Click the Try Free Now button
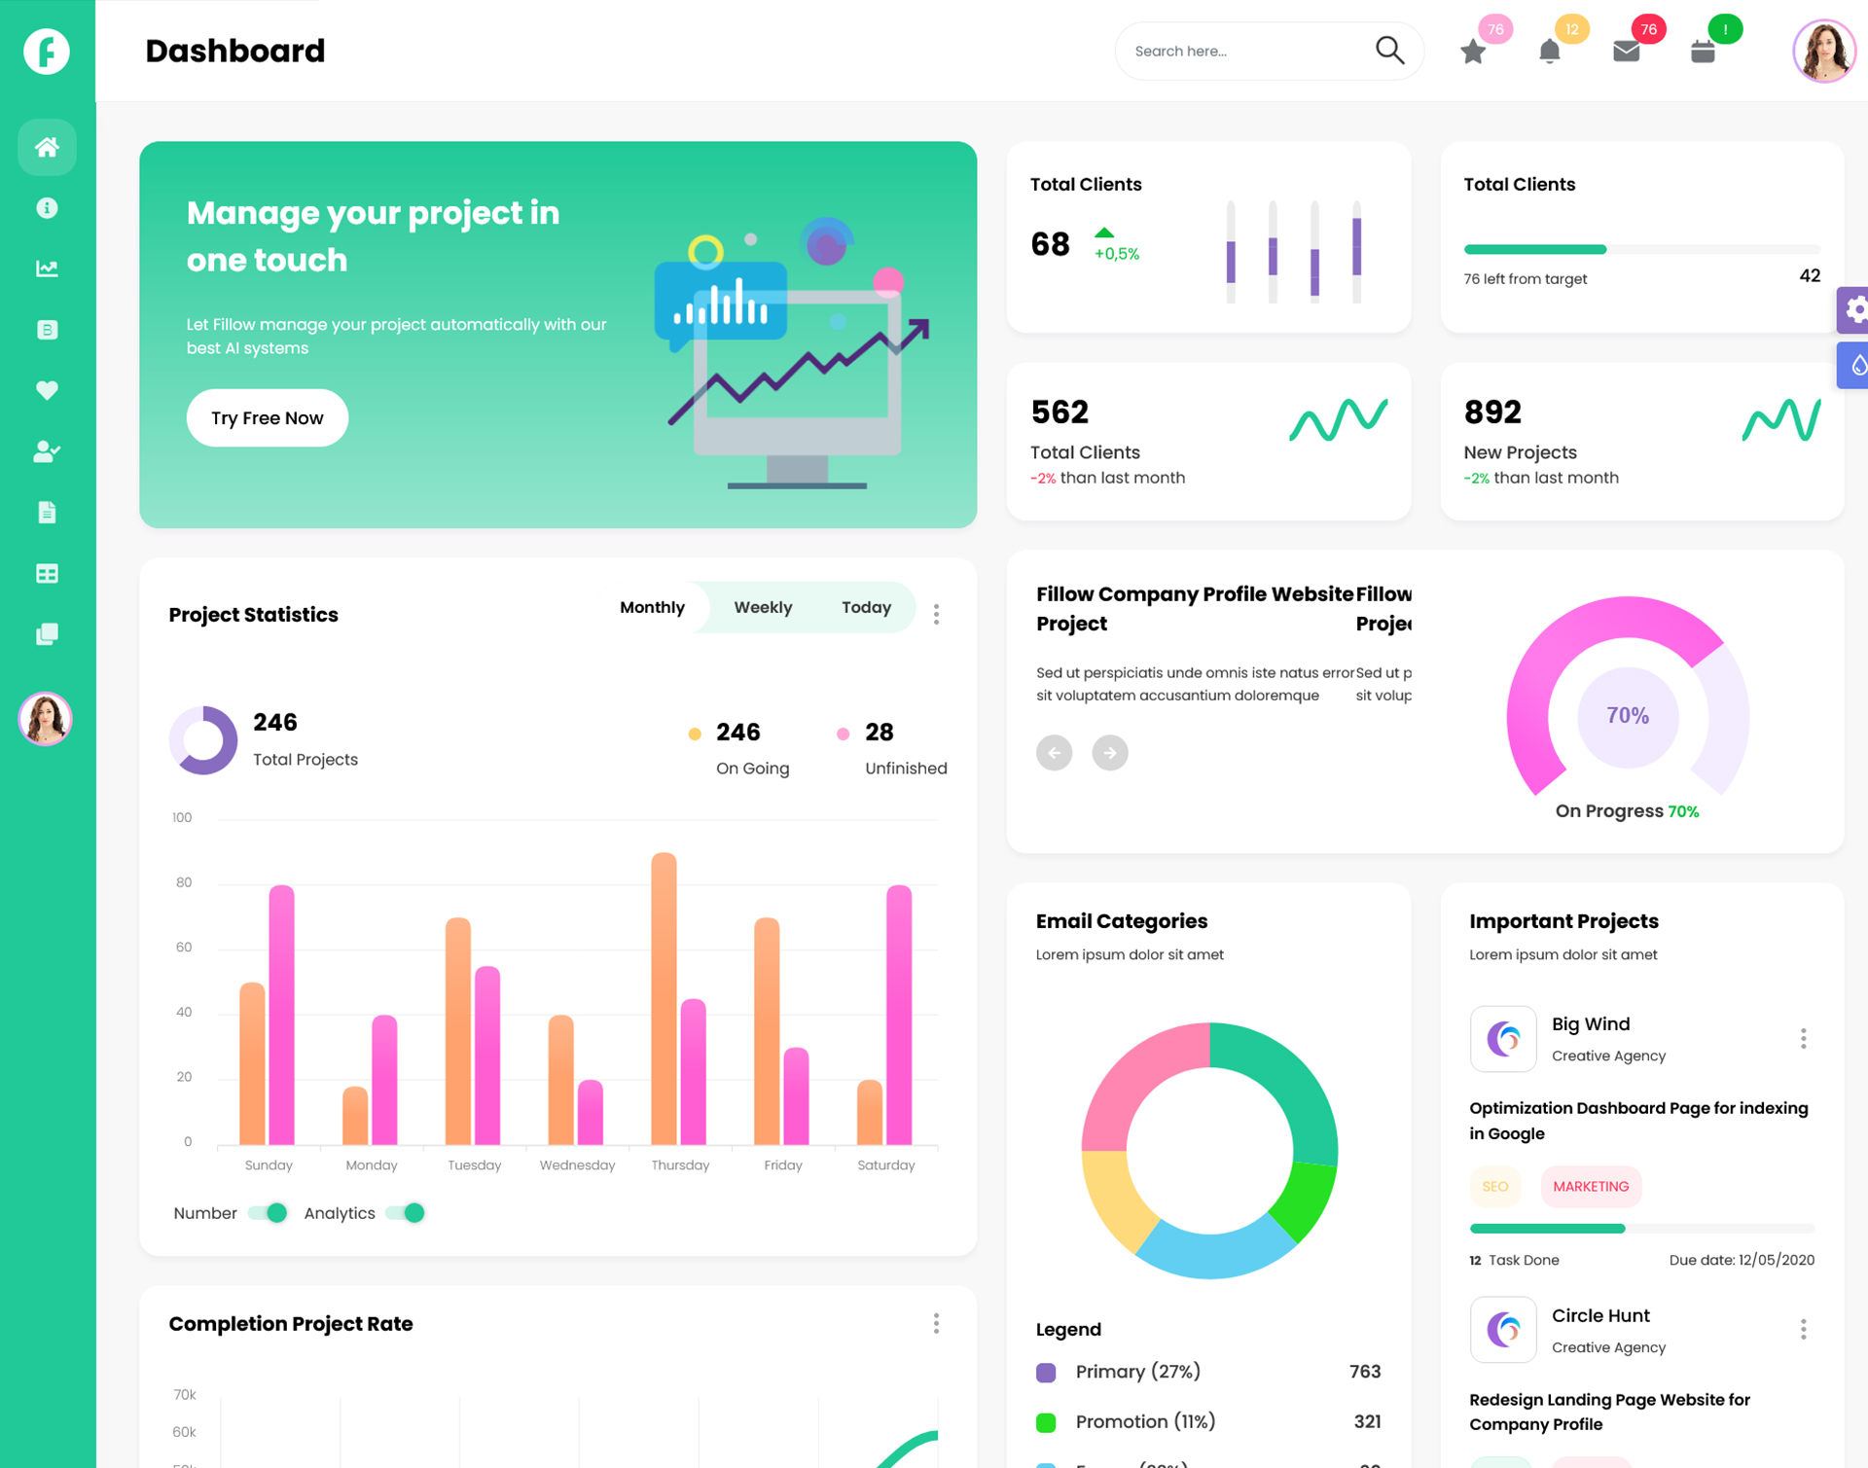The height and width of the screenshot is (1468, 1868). [268, 418]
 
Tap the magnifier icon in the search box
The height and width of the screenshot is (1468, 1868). [1389, 51]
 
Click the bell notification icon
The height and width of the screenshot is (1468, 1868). [1550, 52]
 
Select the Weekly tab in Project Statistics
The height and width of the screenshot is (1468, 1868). [763, 607]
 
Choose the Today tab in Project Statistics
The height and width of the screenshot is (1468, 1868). [866, 607]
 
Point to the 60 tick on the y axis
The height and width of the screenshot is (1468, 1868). [184, 948]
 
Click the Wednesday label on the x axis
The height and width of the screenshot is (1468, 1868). [577, 1165]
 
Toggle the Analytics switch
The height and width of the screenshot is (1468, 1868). [406, 1213]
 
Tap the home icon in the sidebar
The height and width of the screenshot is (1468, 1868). [47, 147]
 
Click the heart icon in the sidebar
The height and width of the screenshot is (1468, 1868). [47, 390]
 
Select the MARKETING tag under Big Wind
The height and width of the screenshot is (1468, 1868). [1591, 1187]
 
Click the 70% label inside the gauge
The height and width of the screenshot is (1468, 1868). [1628, 716]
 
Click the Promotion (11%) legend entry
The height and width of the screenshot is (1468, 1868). [1145, 1421]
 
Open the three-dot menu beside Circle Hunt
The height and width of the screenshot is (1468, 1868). [1803, 1330]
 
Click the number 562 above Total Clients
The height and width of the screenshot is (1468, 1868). [1060, 412]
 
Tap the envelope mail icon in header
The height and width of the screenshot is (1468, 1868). [1626, 52]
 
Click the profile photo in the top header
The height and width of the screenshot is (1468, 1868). [1823, 51]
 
